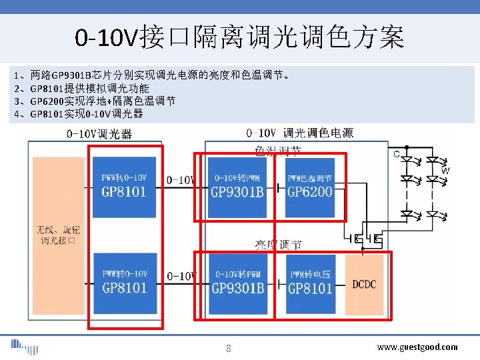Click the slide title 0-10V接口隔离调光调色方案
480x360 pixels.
239,37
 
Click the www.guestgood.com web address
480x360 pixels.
417,347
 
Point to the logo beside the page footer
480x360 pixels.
24,347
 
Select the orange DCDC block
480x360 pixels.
364,283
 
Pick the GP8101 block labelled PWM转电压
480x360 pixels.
310,283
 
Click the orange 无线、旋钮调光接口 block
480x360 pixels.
57,235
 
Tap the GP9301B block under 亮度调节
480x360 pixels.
237,283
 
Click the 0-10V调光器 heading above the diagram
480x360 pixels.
99,133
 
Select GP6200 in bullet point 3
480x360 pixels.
47,101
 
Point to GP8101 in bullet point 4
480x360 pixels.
47,114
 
